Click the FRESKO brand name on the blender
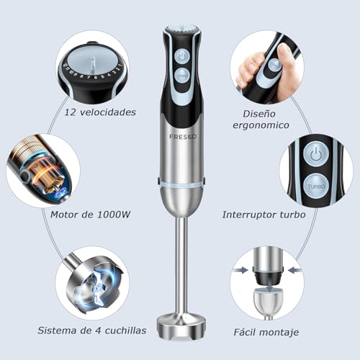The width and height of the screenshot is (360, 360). [x=183, y=137]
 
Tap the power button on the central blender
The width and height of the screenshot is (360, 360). [x=182, y=57]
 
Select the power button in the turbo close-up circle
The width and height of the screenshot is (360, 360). [x=316, y=154]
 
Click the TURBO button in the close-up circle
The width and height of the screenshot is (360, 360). [x=316, y=186]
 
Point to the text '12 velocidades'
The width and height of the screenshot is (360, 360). [x=100, y=112]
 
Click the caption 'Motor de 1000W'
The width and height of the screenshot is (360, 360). [x=90, y=215]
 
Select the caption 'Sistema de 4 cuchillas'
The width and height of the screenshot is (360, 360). [x=92, y=330]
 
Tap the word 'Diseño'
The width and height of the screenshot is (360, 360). [x=259, y=114]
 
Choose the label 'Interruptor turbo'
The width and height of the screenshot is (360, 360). [x=264, y=215]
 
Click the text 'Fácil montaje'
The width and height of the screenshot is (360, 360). [x=266, y=333]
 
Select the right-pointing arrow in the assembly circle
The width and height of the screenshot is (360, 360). [x=241, y=271]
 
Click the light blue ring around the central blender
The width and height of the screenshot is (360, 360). [x=181, y=184]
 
